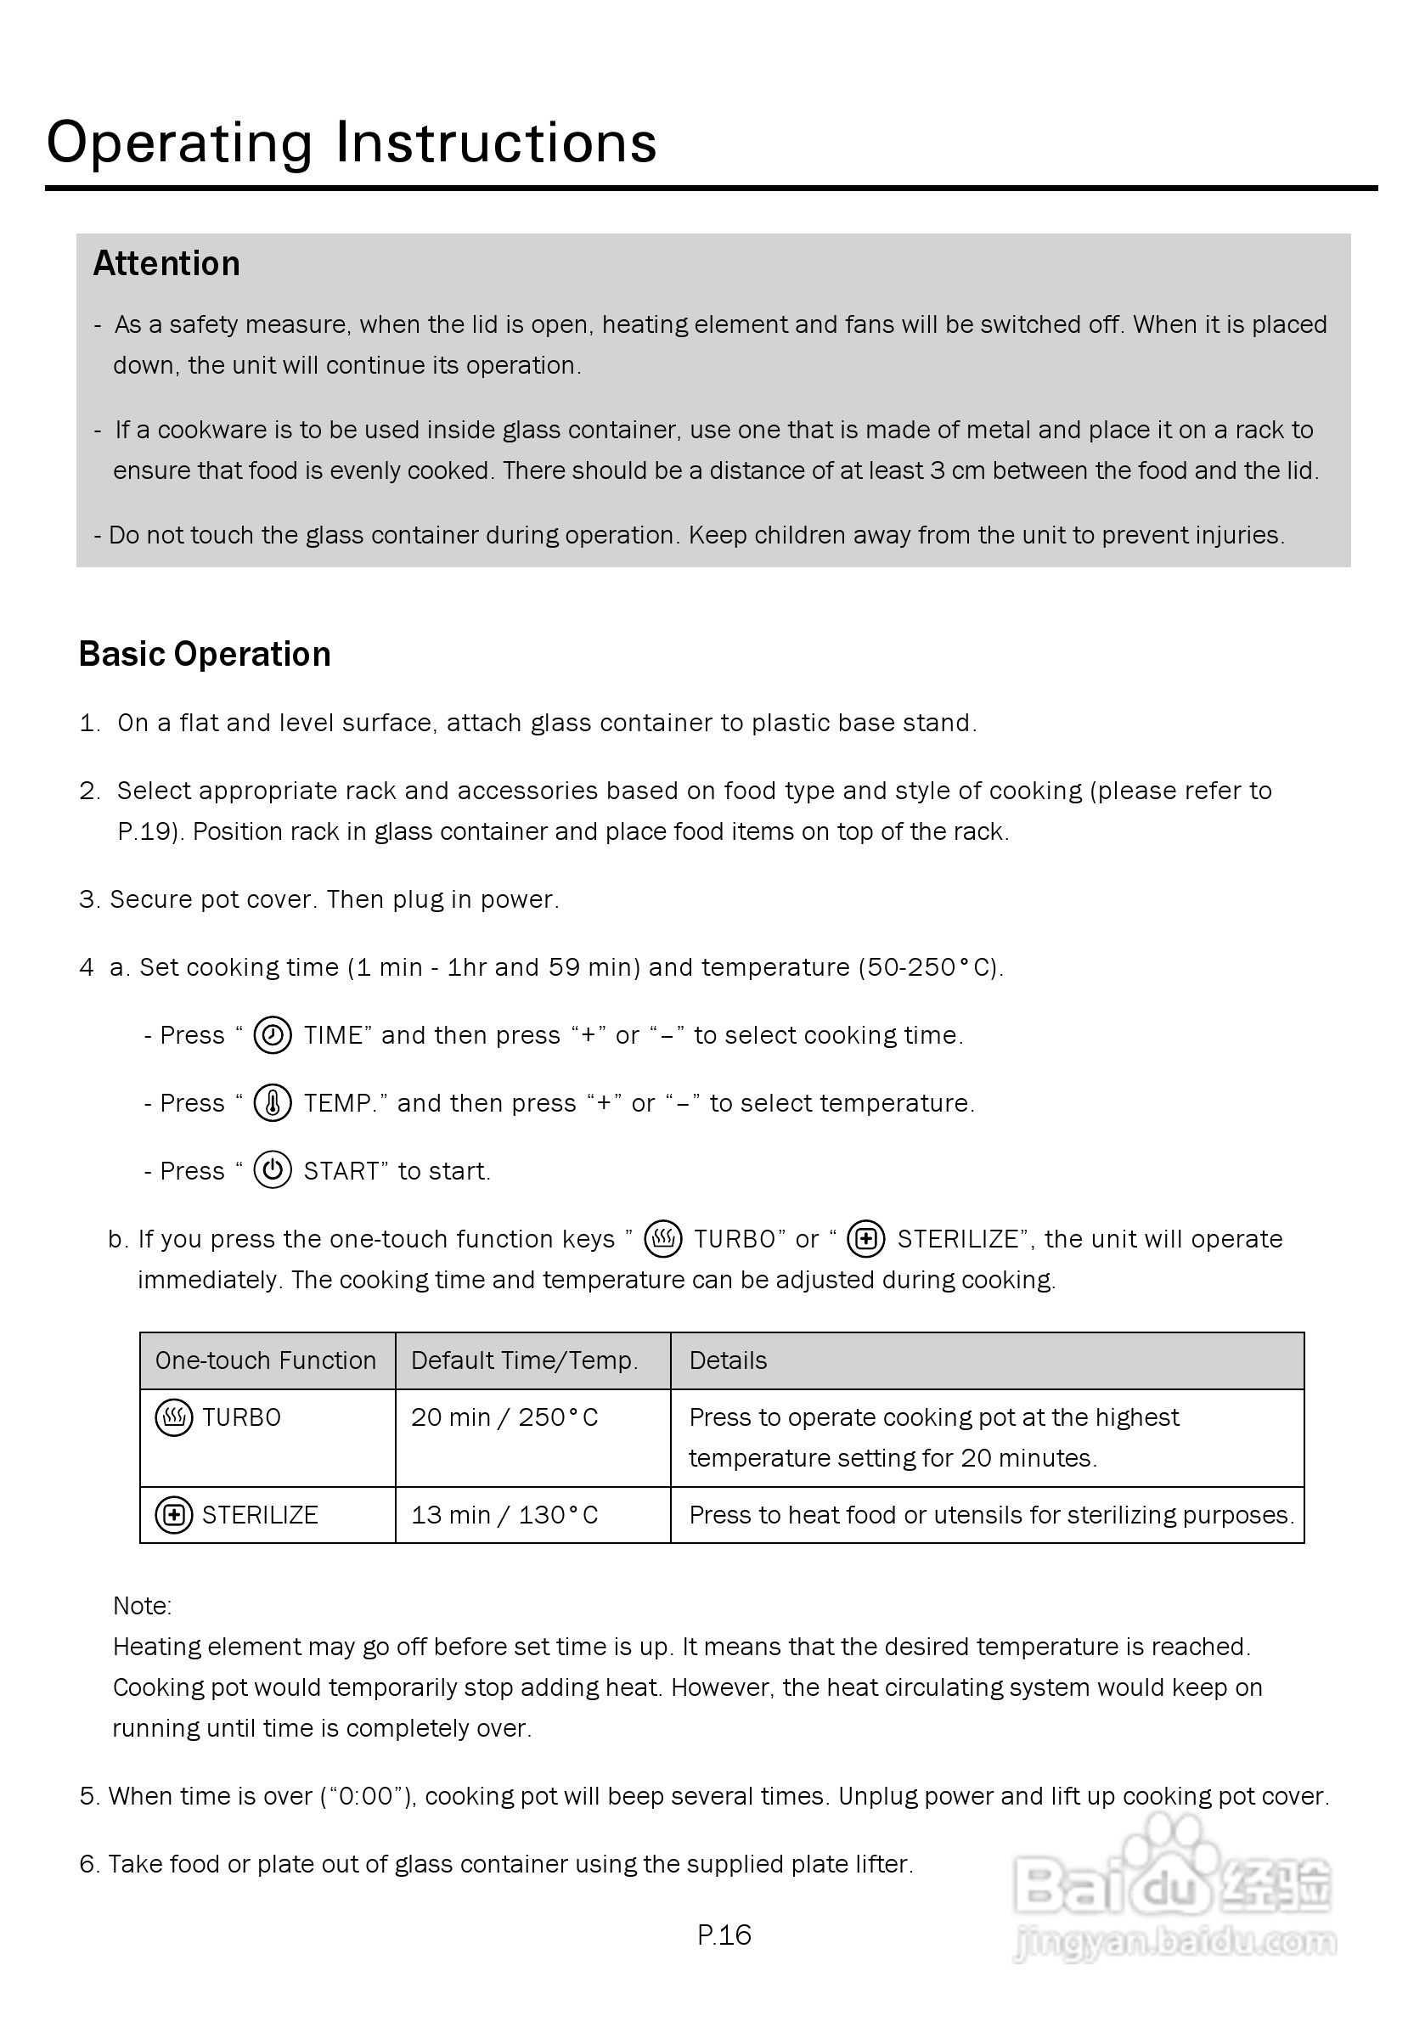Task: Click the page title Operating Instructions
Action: coord(352,143)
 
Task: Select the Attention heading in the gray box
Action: coord(166,264)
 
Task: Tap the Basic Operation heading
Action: coord(205,655)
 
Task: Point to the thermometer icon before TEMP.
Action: coord(272,1102)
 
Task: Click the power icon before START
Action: coord(272,1170)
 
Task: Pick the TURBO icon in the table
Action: coord(173,1418)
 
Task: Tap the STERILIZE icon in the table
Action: coord(173,1515)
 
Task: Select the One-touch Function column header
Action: coord(265,1360)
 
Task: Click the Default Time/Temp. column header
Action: coord(524,1360)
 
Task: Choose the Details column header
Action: coord(728,1360)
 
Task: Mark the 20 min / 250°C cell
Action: coord(504,1418)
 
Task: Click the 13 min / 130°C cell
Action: coord(504,1515)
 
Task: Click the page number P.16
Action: coord(724,1935)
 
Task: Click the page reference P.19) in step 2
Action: coord(149,832)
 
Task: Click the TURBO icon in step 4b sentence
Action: coord(663,1239)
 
